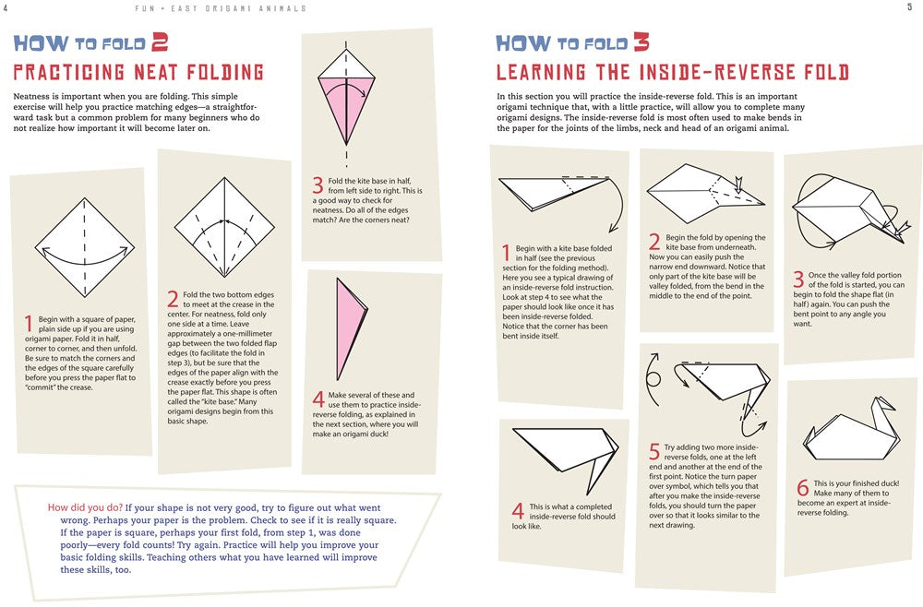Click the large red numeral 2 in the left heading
(x=160, y=42)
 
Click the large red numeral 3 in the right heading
(x=641, y=42)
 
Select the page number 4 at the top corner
(x=6, y=7)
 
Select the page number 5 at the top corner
(x=910, y=7)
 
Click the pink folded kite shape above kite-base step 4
(x=352, y=329)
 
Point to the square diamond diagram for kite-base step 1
(x=85, y=247)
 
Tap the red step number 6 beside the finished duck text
(x=803, y=487)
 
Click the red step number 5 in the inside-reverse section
(x=654, y=451)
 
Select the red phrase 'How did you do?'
(x=85, y=507)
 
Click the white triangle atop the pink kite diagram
(x=346, y=65)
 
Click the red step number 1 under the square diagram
(x=29, y=324)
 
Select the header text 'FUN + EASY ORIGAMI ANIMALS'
(x=221, y=8)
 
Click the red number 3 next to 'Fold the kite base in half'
(x=318, y=185)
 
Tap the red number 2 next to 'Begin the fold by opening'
(x=654, y=242)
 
